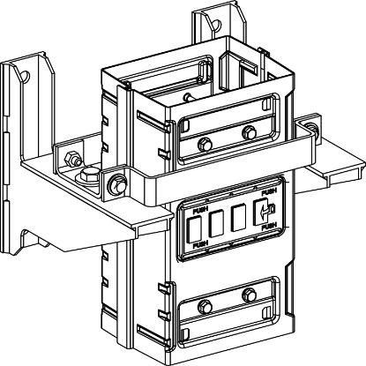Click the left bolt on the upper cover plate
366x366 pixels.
(x=204, y=144)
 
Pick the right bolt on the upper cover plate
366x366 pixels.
(x=248, y=133)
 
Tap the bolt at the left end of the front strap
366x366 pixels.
(x=116, y=184)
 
